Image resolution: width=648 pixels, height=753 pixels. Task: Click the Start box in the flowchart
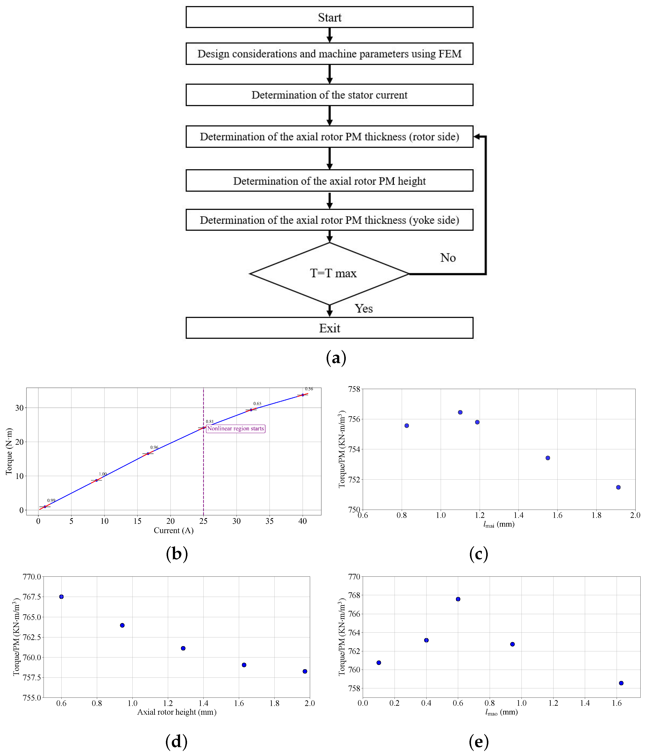(329, 17)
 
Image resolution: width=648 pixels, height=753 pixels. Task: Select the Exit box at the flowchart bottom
(329, 328)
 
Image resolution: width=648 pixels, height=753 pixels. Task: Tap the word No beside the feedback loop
(448, 258)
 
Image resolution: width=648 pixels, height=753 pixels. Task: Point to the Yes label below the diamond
(363, 308)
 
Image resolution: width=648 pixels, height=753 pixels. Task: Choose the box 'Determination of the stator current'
(329, 95)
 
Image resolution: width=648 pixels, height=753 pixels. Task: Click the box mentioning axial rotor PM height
(329, 181)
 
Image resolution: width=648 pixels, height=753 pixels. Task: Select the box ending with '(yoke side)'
(329, 220)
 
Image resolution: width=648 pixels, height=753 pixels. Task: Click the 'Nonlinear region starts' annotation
(236, 428)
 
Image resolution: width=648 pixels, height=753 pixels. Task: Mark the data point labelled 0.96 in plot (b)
(148, 453)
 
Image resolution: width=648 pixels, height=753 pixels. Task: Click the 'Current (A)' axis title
(173, 530)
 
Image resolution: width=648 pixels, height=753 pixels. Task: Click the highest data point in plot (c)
(460, 412)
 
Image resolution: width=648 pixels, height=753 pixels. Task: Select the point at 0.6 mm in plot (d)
(61, 597)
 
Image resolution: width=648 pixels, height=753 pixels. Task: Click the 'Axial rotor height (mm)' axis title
(177, 712)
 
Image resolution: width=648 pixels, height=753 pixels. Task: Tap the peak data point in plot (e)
(458, 599)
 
